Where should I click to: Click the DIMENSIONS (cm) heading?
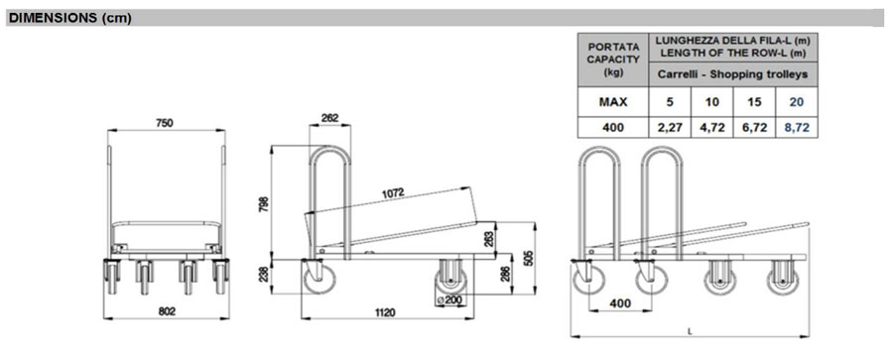70,18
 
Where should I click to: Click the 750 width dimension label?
164,123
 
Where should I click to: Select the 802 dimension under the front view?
167,311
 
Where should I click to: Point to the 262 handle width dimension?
329,118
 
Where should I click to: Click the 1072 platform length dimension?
394,192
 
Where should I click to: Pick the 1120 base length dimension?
386,312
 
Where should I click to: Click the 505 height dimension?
528,259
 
